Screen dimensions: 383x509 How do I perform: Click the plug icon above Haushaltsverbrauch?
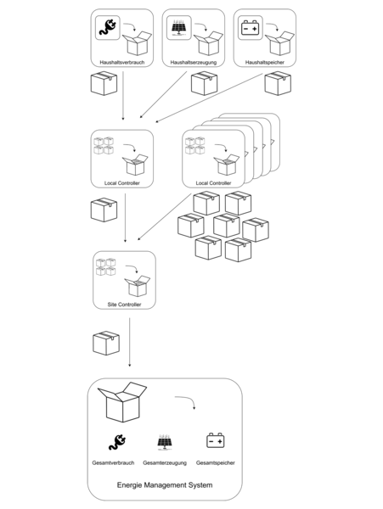(108, 28)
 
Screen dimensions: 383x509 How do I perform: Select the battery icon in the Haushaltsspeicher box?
(251, 28)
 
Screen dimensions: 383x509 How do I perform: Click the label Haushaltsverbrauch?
(121, 62)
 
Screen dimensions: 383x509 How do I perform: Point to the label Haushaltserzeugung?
(194, 62)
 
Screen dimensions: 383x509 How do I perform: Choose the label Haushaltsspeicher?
(265, 62)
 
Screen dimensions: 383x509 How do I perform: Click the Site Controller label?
(124, 305)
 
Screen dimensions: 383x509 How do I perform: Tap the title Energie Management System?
(165, 485)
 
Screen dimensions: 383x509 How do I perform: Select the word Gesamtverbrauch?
(113, 463)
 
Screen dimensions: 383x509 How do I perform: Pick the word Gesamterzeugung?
(165, 463)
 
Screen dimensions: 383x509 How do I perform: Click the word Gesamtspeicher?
(216, 463)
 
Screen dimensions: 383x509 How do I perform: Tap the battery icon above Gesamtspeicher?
(216, 440)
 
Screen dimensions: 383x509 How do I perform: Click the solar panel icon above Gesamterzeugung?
(165, 442)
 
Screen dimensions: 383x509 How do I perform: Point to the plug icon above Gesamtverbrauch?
(117, 442)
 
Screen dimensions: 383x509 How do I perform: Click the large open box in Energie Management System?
(122, 402)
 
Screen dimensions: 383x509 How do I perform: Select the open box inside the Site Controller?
(138, 286)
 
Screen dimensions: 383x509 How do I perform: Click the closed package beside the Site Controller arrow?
(106, 343)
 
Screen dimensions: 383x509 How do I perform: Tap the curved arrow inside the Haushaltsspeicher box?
(273, 26)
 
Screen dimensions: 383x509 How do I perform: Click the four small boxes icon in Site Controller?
(106, 267)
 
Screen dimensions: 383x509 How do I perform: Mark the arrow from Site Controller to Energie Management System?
(130, 342)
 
